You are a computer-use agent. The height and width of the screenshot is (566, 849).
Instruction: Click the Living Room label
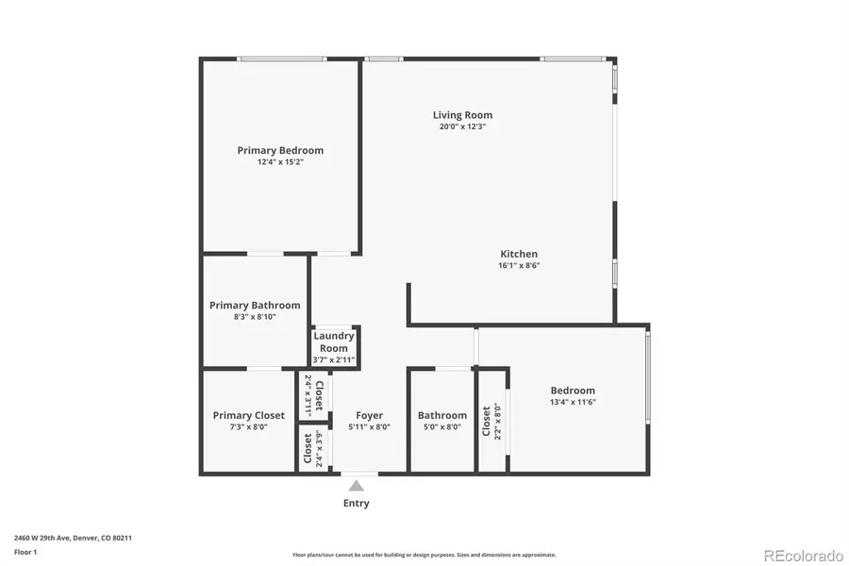click(x=462, y=115)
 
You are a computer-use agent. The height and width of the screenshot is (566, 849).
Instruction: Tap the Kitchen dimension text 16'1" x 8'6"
click(x=519, y=266)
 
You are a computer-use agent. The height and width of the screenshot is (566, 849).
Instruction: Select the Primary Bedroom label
click(x=280, y=150)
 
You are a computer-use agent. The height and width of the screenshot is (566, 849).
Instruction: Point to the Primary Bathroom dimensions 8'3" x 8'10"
click(x=255, y=318)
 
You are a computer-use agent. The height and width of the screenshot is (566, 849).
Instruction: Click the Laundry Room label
click(x=333, y=341)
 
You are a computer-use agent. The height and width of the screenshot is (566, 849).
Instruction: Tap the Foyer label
click(x=369, y=415)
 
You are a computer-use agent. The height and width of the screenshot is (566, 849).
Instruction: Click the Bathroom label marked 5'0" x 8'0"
click(x=442, y=415)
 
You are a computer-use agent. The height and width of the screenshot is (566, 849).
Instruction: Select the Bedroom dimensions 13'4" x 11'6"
click(x=573, y=402)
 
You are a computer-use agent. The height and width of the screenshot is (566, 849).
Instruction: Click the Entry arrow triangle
click(x=357, y=486)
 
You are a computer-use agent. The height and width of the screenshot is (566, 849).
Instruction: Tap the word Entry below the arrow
click(x=357, y=504)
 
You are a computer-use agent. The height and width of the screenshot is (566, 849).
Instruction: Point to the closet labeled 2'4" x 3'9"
click(x=313, y=449)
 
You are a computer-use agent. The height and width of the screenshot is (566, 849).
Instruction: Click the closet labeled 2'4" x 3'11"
click(x=313, y=395)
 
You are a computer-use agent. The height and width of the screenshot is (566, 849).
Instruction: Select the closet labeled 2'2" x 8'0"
click(x=491, y=423)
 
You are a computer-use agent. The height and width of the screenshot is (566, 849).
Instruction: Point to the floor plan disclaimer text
click(x=424, y=555)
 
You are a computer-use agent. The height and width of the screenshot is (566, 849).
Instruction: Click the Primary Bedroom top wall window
click(x=282, y=60)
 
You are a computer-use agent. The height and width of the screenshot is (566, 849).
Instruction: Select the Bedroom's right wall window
click(x=647, y=375)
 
